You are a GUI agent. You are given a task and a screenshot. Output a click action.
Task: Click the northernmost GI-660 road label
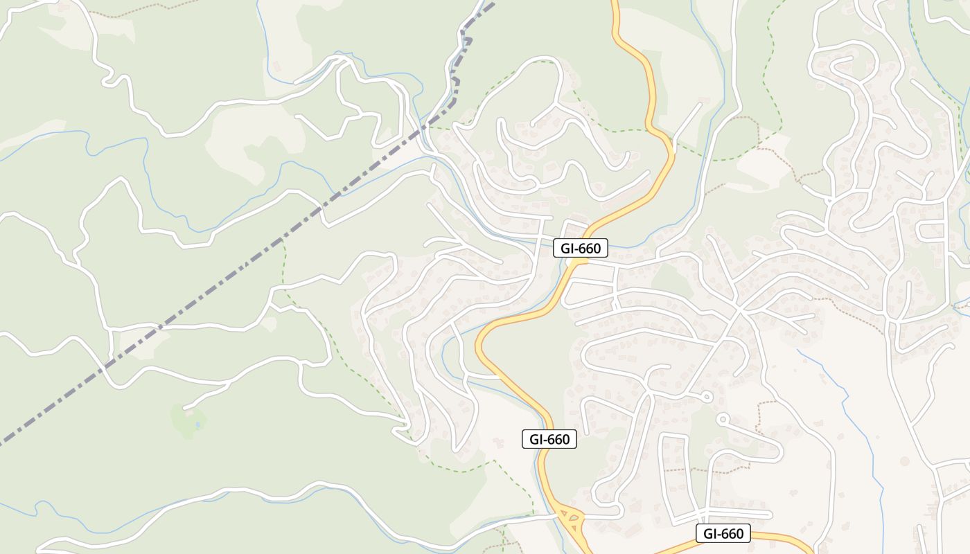click(581, 247)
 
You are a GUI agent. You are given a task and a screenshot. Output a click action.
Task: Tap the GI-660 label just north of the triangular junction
click(549, 439)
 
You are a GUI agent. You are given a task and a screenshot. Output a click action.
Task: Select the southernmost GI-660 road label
click(723, 533)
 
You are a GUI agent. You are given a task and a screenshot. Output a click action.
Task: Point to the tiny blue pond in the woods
click(198, 424)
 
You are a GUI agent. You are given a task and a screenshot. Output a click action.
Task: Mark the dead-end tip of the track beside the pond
click(185, 407)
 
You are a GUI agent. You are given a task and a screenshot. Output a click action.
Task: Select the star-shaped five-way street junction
click(739, 310)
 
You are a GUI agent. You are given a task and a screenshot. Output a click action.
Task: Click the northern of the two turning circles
click(706, 397)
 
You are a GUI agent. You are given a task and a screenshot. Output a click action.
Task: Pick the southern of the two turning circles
click(722, 419)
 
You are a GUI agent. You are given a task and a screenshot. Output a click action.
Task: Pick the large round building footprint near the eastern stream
click(904, 461)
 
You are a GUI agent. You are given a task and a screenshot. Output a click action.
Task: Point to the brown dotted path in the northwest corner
click(139, 10)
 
